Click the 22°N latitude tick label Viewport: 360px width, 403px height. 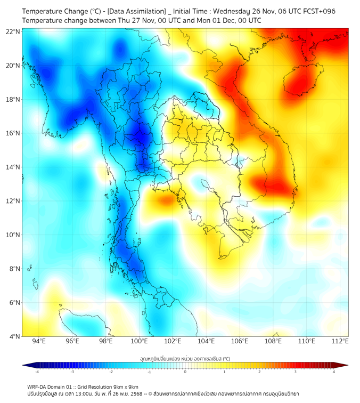click(13, 31)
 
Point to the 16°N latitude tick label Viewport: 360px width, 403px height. click(13, 133)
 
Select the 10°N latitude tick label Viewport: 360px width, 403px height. click(13, 235)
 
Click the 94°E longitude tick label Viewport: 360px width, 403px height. click(39, 341)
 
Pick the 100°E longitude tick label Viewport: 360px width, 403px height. click(140, 341)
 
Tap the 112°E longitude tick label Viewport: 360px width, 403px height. click(340, 341)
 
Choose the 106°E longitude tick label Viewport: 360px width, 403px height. click(240, 341)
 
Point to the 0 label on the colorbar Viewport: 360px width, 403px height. click(185, 372)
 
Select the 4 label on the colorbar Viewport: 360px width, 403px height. click(334, 372)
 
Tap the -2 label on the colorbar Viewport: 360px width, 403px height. click(110, 372)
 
